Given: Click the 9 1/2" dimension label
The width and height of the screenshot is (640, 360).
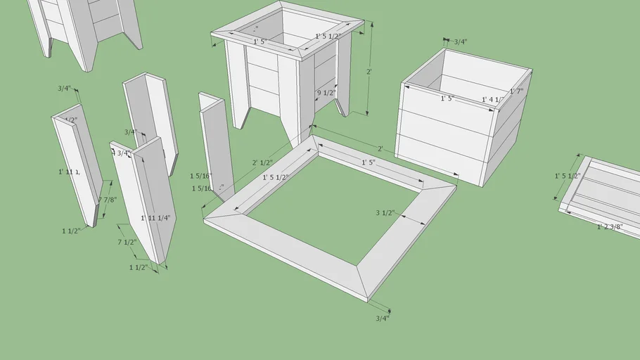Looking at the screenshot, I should pos(326,93).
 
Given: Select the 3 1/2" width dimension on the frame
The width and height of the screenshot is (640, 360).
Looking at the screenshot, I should pos(385,213).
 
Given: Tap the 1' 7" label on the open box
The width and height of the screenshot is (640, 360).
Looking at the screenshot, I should pos(516,91).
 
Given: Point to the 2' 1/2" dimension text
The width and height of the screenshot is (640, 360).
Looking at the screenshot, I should pos(264,162).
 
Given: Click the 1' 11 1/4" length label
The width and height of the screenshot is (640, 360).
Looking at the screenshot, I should pos(154,218).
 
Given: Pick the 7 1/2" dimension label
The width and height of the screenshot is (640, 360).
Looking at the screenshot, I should pos(127,243).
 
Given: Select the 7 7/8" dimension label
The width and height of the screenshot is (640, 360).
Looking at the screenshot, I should pos(108,200).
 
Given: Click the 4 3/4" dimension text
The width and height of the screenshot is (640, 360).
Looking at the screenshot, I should pos(121,153).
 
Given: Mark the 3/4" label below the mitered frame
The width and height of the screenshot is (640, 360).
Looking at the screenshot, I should pos(382,318).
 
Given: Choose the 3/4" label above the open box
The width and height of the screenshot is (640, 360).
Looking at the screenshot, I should pos(460,42).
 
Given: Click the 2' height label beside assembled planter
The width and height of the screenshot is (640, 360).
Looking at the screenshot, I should pos(369,72).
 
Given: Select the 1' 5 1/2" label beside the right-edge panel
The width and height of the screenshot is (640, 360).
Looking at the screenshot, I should pos(566,176).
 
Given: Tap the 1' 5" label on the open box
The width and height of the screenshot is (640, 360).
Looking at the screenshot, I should pos(447,99).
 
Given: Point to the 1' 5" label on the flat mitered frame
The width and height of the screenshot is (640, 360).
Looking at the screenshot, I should pos(369,162).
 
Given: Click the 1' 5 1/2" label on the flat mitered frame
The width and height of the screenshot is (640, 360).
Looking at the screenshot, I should pos(276,178).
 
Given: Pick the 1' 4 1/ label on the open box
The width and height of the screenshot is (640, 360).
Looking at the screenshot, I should pos(492,100).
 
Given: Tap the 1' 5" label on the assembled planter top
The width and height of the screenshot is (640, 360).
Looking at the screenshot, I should pos(260,42).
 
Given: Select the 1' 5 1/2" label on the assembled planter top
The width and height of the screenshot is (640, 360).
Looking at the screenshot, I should pos(328,36).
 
